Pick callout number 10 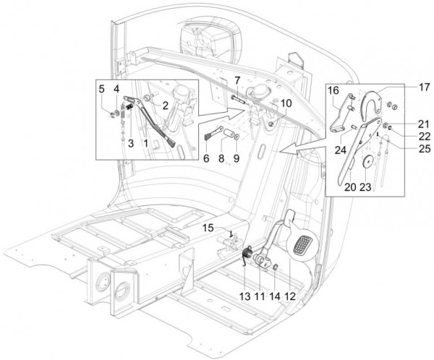[287, 103]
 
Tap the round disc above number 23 [367, 162]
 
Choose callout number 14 [274, 295]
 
